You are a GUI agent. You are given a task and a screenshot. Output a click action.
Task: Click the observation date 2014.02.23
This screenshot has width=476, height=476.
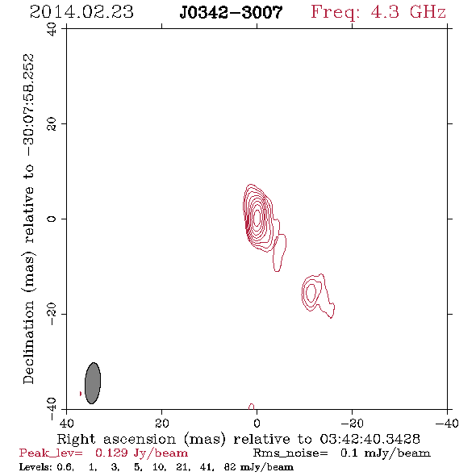[81, 12]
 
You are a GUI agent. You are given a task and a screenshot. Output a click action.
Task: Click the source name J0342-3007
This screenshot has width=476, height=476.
[231, 13]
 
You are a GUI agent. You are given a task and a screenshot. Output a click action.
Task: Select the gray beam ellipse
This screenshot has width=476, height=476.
[93, 383]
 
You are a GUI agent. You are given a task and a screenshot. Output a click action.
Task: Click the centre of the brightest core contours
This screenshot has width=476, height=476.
[257, 217]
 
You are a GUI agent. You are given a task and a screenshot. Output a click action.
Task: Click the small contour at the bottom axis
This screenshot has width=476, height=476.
[252, 407]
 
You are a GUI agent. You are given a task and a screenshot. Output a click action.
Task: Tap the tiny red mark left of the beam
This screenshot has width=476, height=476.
[81, 394]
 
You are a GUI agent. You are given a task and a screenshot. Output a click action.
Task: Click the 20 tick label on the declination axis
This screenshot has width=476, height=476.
[52, 124]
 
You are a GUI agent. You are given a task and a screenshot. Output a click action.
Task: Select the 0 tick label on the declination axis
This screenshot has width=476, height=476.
[52, 219]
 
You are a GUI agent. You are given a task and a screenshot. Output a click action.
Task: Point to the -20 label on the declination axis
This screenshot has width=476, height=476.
[52, 314]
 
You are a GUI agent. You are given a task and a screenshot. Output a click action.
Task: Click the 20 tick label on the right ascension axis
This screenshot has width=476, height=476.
[162, 423]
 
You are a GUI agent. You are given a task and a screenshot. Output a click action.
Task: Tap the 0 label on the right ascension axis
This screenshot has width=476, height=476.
[257, 423]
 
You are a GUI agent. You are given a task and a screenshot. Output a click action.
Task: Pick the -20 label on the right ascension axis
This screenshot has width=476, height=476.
[352, 423]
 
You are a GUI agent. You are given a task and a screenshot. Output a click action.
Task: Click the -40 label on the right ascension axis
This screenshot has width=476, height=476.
[447, 423]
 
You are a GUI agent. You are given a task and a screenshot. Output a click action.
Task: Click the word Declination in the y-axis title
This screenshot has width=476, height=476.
[28, 342]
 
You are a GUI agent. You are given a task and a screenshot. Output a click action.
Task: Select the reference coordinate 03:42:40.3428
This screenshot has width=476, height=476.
[370, 439]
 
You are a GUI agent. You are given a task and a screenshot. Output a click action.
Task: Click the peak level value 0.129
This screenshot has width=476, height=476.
[111, 453]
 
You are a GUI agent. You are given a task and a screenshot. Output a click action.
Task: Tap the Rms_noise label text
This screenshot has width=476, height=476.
[290, 453]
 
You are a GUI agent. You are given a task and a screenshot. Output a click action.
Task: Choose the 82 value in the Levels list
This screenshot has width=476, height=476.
[230, 466]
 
